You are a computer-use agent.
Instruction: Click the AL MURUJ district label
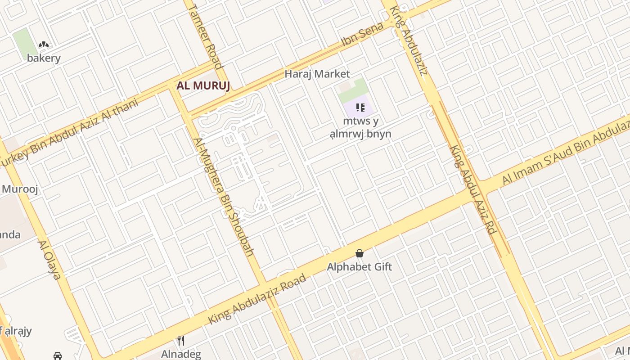click(x=203, y=85)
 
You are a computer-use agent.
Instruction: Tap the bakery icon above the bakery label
click(x=44, y=45)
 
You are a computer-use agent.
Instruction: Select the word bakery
click(x=44, y=58)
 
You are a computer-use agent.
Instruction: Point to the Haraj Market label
click(x=317, y=74)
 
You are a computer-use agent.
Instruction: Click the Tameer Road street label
click(x=206, y=36)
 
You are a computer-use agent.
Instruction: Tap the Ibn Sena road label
click(x=362, y=34)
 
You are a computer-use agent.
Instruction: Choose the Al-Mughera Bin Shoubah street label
click(x=224, y=197)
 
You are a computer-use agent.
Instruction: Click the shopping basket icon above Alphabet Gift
click(x=359, y=254)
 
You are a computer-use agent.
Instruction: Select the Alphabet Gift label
click(x=359, y=267)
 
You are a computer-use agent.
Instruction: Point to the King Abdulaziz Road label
click(x=257, y=298)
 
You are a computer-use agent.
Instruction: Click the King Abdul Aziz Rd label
click(x=472, y=189)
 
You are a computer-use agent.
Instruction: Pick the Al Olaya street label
click(x=49, y=260)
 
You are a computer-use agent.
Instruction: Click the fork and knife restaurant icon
click(x=181, y=341)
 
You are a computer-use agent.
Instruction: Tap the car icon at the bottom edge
click(x=58, y=356)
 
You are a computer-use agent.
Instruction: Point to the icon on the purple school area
click(x=360, y=108)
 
